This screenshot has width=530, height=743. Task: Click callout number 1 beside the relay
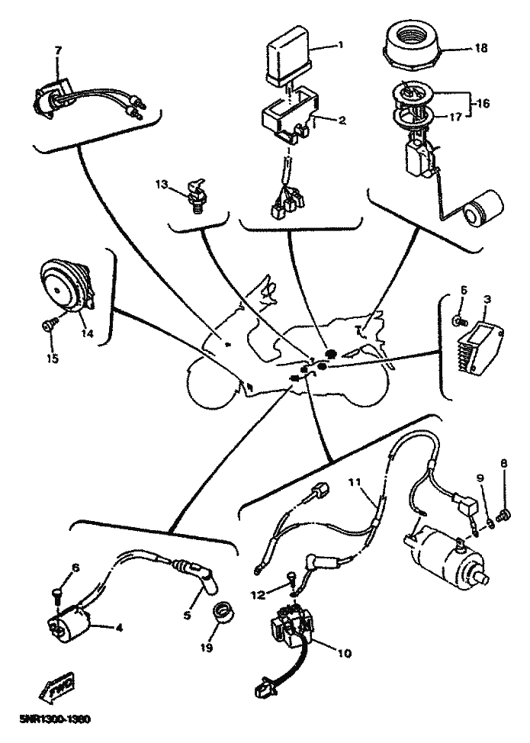340,45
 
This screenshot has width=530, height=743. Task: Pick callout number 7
58,50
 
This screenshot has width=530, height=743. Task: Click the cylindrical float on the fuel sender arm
482,208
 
